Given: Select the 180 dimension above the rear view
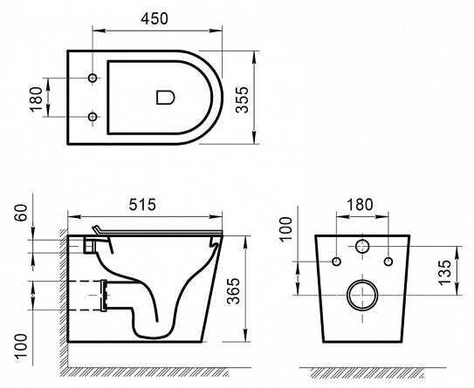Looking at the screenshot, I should tap(360, 204).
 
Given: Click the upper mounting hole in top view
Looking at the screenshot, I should tap(93, 78).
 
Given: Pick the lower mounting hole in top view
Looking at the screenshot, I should tap(93, 115).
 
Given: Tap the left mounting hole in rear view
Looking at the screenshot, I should tap(336, 261).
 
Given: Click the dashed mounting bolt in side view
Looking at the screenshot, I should tap(87, 294).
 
